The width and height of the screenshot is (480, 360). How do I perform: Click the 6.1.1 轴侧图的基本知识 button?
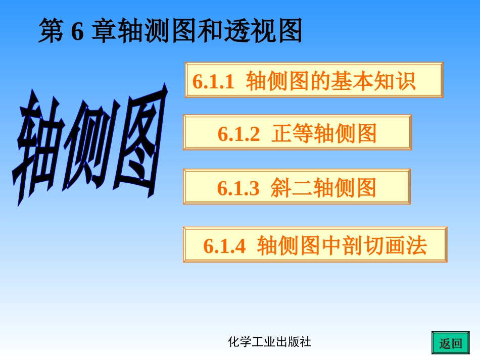click(x=314, y=80)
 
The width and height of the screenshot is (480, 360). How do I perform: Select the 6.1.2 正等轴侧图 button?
click(x=297, y=133)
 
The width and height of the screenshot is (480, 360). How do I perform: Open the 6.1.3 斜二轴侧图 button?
click(x=297, y=187)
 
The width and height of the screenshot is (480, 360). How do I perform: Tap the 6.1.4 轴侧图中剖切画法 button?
click(x=315, y=245)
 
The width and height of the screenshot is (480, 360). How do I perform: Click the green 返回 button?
click(x=450, y=343)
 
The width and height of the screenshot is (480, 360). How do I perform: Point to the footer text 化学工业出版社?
click(x=270, y=342)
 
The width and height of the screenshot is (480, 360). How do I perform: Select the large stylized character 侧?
click(x=86, y=144)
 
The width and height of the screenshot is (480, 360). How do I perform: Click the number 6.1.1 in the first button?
click(x=214, y=81)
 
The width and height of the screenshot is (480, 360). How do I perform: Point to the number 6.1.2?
click(x=239, y=134)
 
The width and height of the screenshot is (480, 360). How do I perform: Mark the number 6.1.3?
click(x=238, y=188)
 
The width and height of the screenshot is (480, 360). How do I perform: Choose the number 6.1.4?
click(x=224, y=246)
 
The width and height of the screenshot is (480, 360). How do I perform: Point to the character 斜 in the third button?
click(x=281, y=188)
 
